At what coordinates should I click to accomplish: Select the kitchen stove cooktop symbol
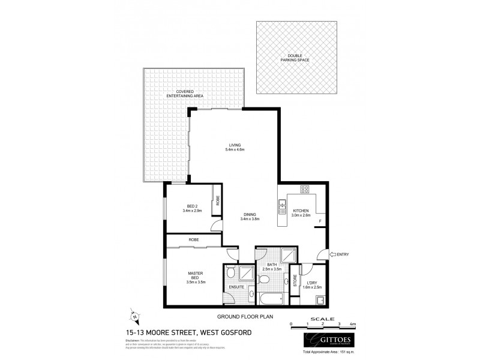click(x=304, y=190)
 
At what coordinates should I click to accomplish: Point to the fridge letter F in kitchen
click(x=320, y=221)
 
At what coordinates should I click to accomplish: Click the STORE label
click(x=295, y=281)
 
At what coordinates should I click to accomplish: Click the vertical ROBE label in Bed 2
click(x=218, y=201)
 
